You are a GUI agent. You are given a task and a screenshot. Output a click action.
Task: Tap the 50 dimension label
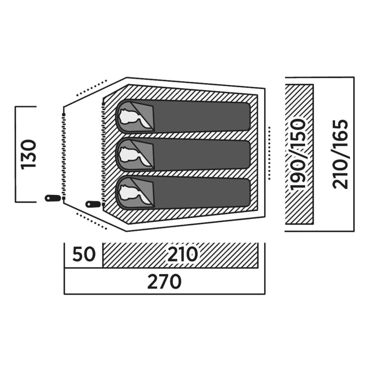(84, 255)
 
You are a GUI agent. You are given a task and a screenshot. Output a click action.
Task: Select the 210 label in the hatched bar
(182, 254)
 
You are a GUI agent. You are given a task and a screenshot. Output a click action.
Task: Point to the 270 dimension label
(164, 282)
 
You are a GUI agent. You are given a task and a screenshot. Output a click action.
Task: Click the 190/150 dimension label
(298, 154)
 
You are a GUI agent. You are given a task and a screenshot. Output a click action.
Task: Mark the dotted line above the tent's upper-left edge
(91, 88)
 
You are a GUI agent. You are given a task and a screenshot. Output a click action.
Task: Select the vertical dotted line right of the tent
(269, 153)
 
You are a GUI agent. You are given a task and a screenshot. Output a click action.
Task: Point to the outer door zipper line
(64, 157)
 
